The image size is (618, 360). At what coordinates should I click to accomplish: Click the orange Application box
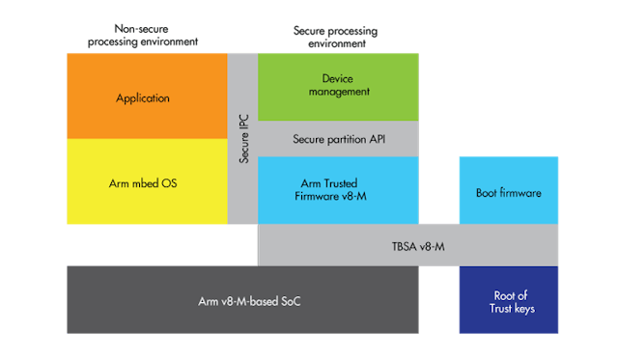(145, 97)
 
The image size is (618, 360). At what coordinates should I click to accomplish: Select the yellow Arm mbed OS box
(145, 182)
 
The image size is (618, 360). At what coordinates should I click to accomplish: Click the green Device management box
(337, 85)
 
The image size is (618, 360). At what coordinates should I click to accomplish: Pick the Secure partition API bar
(337, 139)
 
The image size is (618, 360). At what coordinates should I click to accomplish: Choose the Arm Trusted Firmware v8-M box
(337, 190)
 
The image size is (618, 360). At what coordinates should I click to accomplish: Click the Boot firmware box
(508, 193)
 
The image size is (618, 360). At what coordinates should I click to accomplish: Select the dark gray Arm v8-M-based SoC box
(241, 302)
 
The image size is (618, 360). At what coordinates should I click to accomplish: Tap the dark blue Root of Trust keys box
(508, 302)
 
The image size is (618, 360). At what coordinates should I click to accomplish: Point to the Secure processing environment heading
(337, 36)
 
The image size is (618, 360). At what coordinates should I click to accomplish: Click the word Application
(143, 97)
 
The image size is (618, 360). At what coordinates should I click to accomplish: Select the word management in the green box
(338, 92)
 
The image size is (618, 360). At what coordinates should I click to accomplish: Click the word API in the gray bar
(372, 139)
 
